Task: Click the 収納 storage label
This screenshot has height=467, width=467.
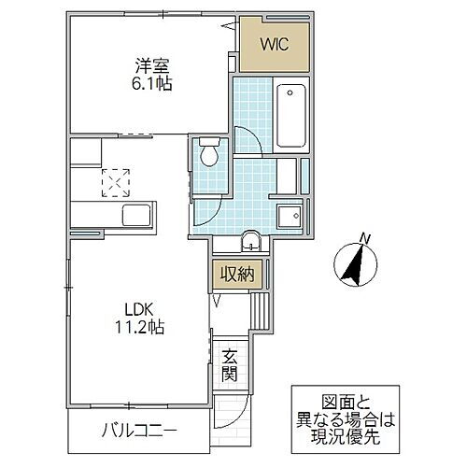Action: click(233, 275)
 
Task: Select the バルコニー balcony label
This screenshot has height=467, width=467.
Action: click(139, 431)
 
